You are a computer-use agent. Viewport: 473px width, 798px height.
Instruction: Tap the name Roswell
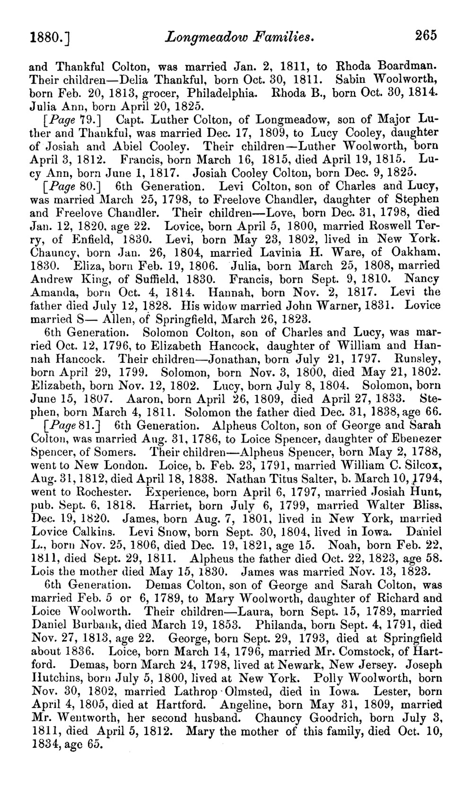coord(392,225)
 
